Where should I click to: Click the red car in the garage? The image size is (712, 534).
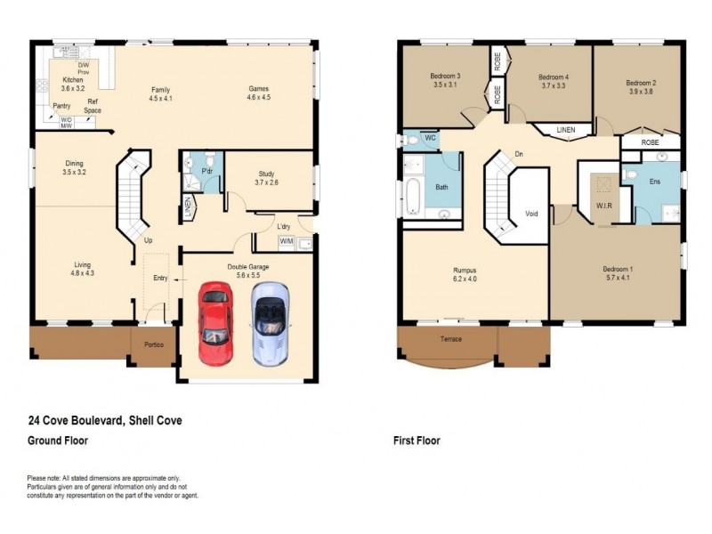(x=214, y=324)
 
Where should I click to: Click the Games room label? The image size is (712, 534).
(x=258, y=89)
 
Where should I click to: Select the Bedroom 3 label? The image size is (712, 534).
(x=445, y=76)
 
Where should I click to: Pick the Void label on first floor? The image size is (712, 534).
(x=532, y=213)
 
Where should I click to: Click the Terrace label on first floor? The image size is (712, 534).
(x=450, y=339)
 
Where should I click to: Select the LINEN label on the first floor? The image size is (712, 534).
(x=566, y=130)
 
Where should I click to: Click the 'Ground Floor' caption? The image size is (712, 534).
(x=58, y=441)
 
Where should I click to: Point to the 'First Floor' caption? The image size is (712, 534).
(x=417, y=441)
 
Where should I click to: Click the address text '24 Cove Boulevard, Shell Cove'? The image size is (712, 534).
(x=105, y=421)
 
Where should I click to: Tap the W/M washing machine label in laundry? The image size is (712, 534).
(x=287, y=241)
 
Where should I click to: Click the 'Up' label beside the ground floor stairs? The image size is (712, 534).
(x=148, y=240)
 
